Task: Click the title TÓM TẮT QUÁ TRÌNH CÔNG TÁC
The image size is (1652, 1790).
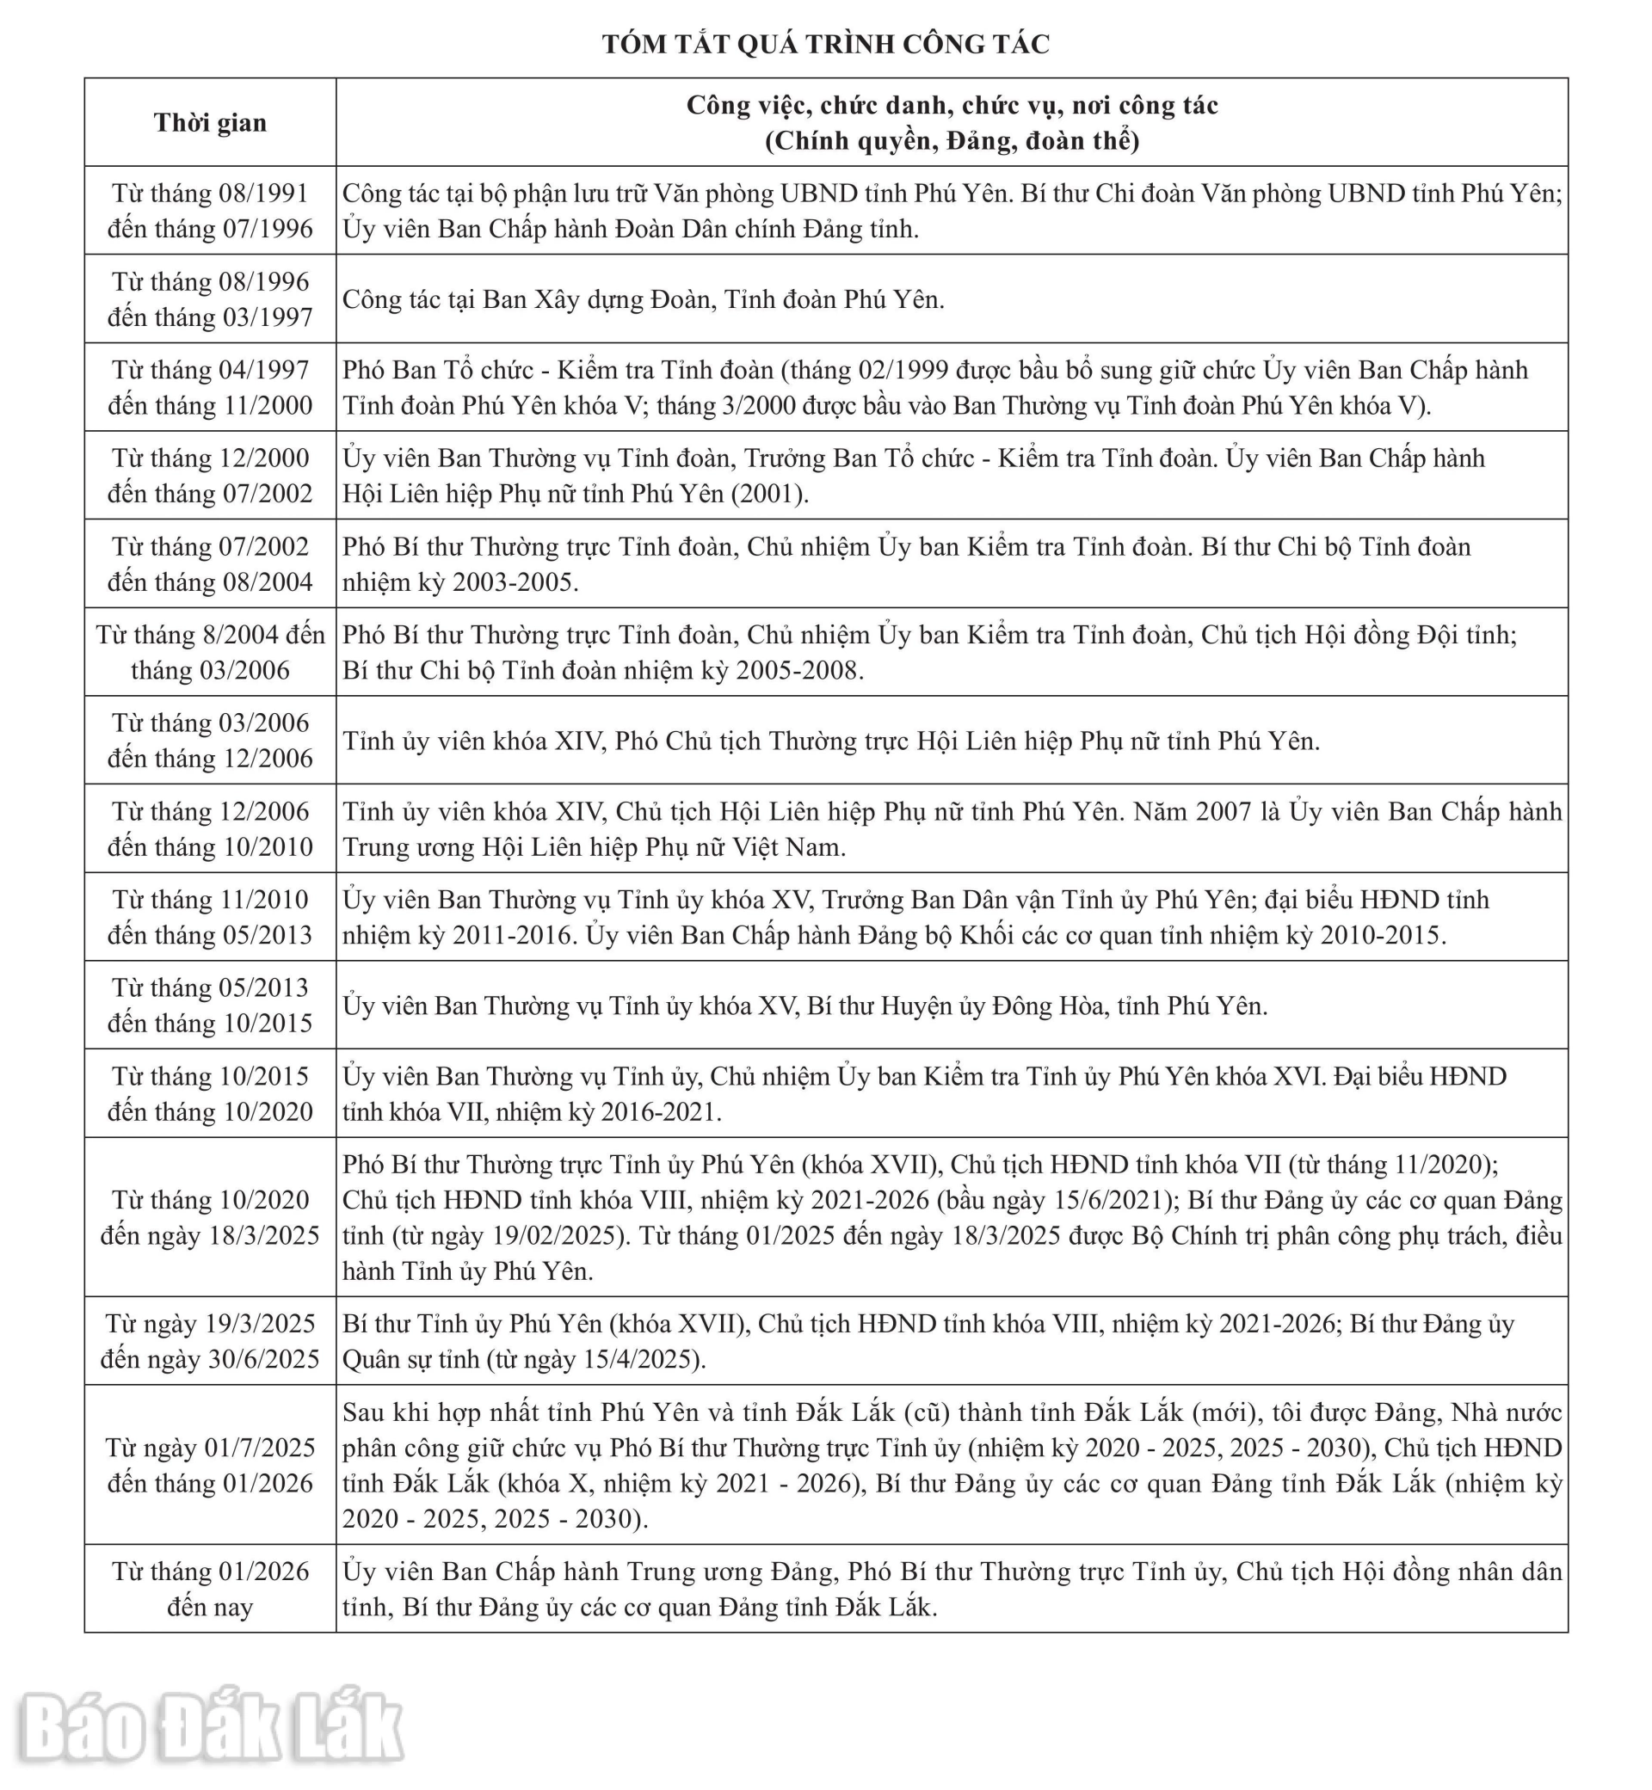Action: [825, 44]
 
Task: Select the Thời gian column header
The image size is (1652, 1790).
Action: [210, 122]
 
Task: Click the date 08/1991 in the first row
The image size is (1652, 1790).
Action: [263, 193]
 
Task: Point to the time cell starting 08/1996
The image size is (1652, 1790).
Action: [210, 299]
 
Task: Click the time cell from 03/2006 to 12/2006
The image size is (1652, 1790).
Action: [210, 741]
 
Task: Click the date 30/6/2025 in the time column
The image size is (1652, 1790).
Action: [263, 1359]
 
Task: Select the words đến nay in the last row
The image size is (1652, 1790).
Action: [210, 1607]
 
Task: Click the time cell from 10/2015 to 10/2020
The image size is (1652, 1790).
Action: [210, 1094]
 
